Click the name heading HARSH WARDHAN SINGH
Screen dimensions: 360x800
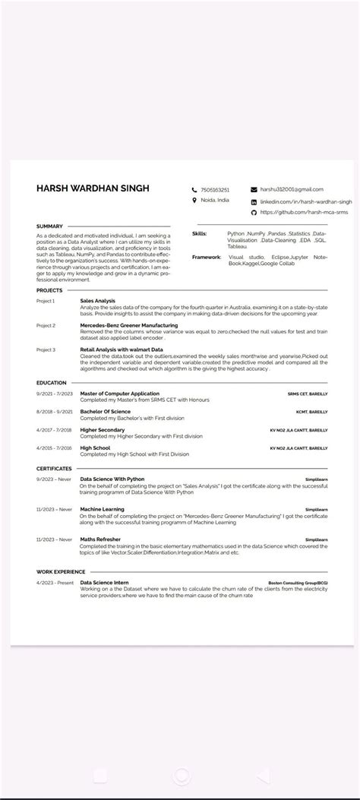[93, 188]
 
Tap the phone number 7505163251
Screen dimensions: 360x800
[215, 189]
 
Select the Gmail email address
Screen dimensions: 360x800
[292, 188]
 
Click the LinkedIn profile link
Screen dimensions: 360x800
[306, 202]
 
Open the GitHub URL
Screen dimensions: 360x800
[304, 213]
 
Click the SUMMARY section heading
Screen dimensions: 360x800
[49, 226]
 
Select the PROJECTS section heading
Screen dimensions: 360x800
[50, 290]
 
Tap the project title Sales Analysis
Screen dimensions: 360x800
[98, 301]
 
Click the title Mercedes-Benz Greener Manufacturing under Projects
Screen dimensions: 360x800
[129, 325]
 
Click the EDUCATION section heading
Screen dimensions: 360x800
[52, 383]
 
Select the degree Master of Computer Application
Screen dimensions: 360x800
[120, 394]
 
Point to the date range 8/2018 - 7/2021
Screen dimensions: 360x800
[54, 412]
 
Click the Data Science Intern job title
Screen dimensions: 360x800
[110, 583]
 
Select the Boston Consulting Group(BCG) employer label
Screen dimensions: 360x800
[298, 583]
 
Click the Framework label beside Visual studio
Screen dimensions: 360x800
[207, 257]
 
